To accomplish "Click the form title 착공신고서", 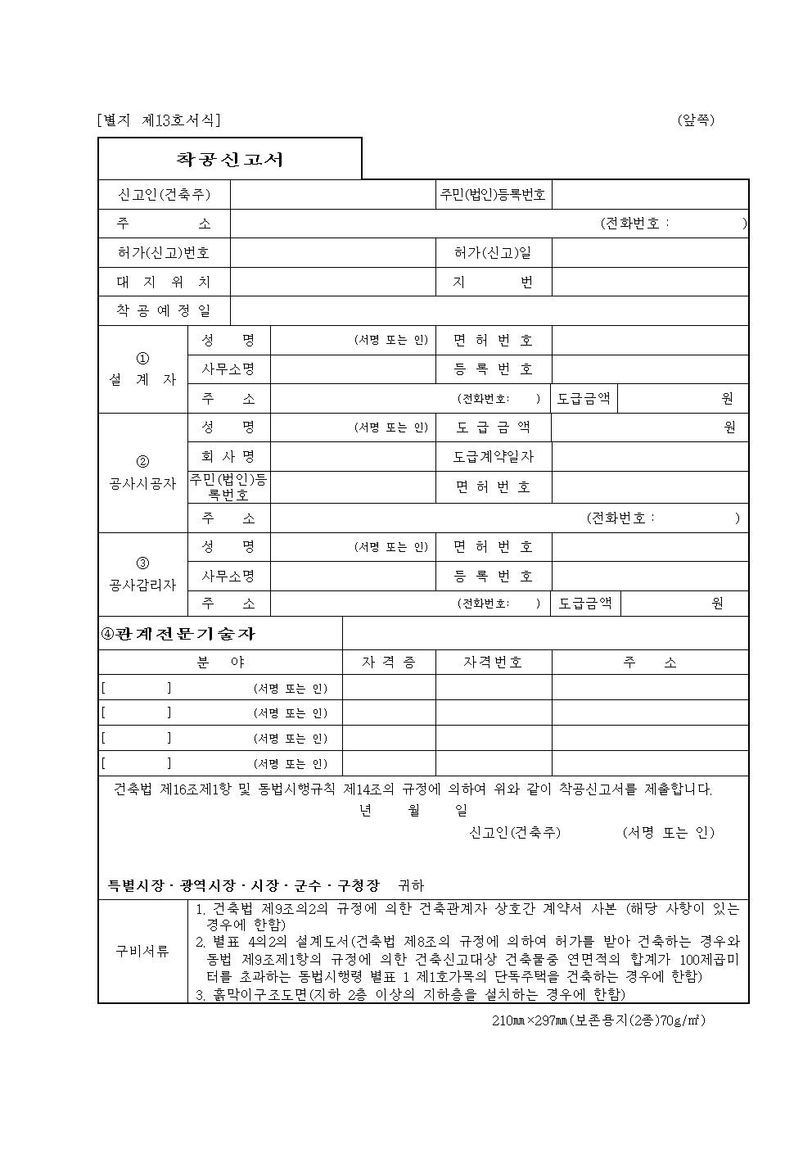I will pyautogui.click(x=230, y=159).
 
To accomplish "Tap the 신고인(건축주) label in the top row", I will pyautogui.click(x=165, y=195).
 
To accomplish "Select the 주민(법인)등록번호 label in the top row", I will pyautogui.click(x=493, y=195).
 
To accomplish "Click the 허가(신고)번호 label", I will pyautogui.click(x=164, y=253).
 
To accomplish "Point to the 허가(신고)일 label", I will pyautogui.click(x=493, y=253).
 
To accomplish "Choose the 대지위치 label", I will pyautogui.click(x=164, y=283).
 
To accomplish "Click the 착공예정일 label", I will pyautogui.click(x=164, y=311).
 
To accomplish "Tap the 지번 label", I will pyautogui.click(x=493, y=283).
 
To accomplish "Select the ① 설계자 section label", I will pyautogui.click(x=143, y=369).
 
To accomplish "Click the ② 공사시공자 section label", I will pyautogui.click(x=143, y=473).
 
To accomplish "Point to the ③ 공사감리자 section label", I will pyautogui.click(x=143, y=575).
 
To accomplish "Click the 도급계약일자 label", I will pyautogui.click(x=493, y=457).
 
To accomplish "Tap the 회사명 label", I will pyautogui.click(x=228, y=457).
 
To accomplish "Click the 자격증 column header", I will pyautogui.click(x=389, y=663).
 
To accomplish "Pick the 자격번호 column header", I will pyautogui.click(x=493, y=663).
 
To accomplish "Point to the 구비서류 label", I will pyautogui.click(x=142, y=951).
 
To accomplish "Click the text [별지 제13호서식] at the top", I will pyautogui.click(x=158, y=120).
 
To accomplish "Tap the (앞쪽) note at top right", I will pyautogui.click(x=696, y=120).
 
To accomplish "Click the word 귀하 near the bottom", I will pyautogui.click(x=411, y=885).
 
